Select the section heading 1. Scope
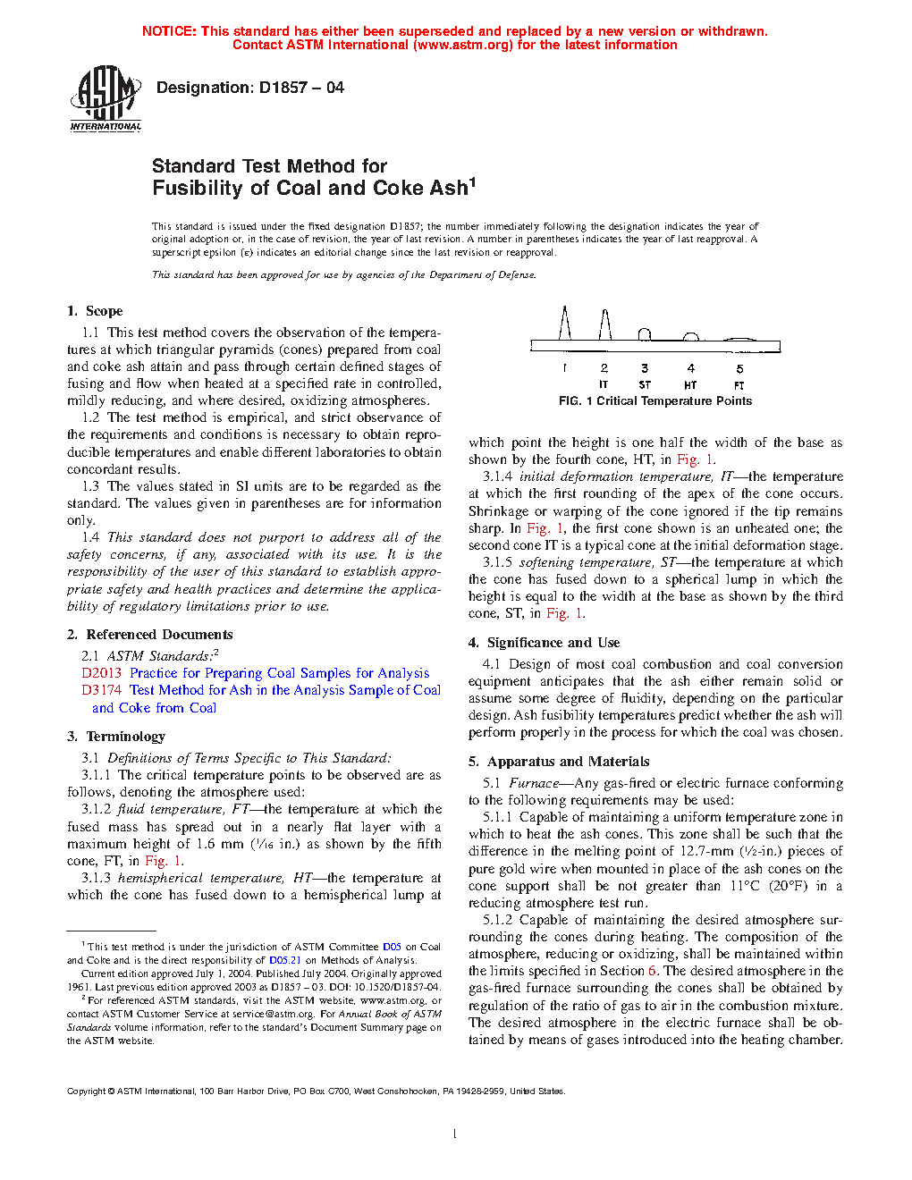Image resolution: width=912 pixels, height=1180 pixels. [95, 311]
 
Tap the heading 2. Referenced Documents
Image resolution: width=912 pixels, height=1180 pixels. [149, 635]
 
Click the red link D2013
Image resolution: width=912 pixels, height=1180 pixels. [101, 673]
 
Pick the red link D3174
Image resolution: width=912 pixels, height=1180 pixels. [101, 690]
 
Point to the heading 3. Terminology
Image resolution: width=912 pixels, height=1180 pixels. [116, 737]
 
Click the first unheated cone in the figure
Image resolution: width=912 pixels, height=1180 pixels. [565, 324]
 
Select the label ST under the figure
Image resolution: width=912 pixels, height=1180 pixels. [645, 385]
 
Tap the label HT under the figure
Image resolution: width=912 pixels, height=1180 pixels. [690, 385]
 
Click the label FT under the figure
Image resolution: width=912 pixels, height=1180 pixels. [739, 385]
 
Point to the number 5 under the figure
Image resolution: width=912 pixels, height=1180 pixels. [739, 368]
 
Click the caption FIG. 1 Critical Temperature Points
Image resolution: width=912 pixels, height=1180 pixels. [655, 401]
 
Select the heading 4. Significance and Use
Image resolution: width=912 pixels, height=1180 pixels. [544, 643]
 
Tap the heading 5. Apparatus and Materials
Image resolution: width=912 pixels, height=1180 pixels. [559, 762]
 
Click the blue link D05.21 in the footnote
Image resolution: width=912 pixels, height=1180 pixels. [285, 960]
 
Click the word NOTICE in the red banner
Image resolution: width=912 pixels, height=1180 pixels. [169, 31]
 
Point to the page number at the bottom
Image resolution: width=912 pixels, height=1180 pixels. [455, 1134]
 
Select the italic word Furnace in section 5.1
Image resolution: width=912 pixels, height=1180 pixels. [534, 783]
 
